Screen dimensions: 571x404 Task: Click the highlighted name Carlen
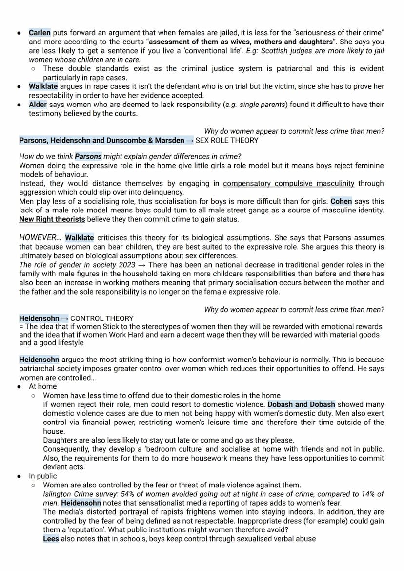(x=40, y=33)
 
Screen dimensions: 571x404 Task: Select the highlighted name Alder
(x=38, y=104)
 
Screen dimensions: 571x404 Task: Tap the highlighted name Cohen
(x=341, y=201)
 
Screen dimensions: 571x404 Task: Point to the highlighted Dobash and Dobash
(x=301, y=404)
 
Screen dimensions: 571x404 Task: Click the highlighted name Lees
(x=51, y=539)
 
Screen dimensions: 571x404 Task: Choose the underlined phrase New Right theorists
(x=52, y=219)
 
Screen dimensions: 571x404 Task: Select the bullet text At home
(x=42, y=386)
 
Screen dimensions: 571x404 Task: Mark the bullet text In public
(x=43, y=476)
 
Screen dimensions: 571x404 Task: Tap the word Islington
(x=57, y=494)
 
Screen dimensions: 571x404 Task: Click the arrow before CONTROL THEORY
(x=64, y=318)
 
